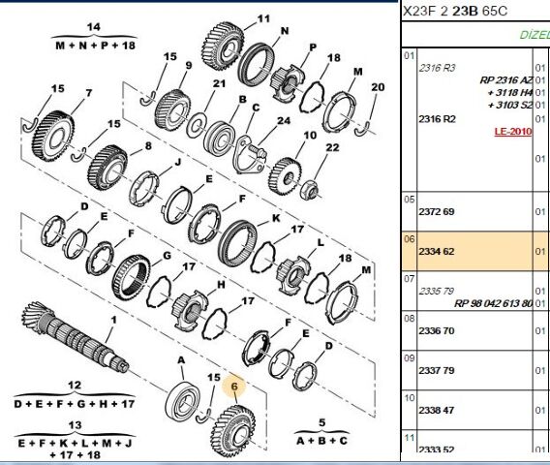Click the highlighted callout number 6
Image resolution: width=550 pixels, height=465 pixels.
click(x=232, y=385)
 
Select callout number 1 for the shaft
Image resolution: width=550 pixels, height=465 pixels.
click(x=113, y=320)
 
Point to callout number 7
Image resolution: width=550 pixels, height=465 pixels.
click(x=88, y=94)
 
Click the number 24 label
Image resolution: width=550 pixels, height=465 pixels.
click(x=284, y=121)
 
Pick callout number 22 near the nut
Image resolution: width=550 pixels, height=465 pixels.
click(x=331, y=147)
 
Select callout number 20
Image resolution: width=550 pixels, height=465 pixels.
click(x=378, y=87)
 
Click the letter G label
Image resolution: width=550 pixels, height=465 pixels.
click(x=166, y=256)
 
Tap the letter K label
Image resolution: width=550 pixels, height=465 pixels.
click(x=275, y=218)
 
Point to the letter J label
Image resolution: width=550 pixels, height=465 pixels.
click(x=177, y=163)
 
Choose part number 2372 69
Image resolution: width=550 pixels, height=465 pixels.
click(x=435, y=211)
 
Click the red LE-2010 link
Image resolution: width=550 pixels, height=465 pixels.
click(x=512, y=130)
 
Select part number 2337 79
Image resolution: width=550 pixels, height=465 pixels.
click(x=435, y=369)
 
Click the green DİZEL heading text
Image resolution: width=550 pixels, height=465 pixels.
click(x=535, y=33)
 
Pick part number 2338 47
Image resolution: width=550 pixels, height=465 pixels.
click(x=435, y=410)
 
